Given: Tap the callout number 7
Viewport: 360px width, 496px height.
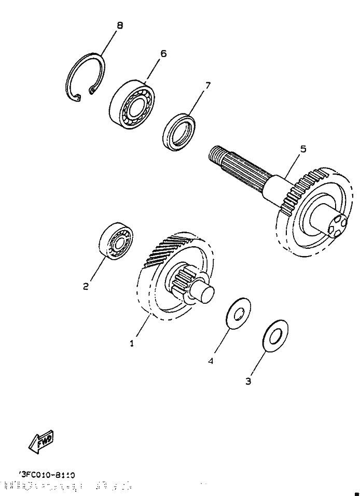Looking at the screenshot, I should (207, 86).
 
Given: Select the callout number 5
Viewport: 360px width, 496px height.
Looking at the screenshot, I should (303, 149).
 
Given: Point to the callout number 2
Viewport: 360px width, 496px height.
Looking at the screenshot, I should (86, 286).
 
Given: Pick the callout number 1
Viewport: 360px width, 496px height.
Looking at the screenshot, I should (132, 343).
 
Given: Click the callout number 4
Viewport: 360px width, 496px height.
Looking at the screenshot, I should (211, 361).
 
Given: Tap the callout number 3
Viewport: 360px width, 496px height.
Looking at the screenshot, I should (248, 381).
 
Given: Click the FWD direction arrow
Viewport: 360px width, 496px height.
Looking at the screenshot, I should (41, 441).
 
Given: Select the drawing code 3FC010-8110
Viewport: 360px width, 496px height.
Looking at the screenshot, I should (47, 474).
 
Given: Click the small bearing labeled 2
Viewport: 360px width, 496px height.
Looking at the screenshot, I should (116, 240).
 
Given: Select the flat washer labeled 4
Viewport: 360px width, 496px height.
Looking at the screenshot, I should (238, 313).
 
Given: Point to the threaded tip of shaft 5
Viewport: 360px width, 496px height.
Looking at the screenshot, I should (217, 155).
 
